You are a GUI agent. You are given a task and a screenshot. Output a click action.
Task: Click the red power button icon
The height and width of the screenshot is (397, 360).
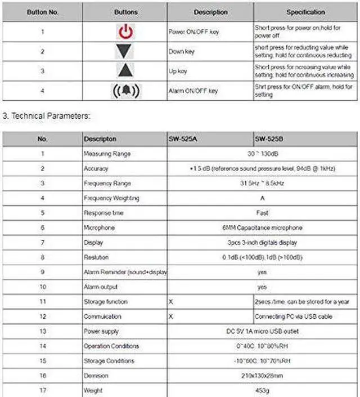(125, 32)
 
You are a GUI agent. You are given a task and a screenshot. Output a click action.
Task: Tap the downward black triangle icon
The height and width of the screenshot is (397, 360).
(125, 52)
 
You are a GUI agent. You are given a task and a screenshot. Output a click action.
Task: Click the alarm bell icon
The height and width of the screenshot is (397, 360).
(125, 91)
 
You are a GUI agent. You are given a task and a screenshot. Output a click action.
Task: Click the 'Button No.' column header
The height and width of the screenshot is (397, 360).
(42, 12)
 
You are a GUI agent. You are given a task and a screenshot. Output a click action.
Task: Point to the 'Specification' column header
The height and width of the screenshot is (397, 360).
(305, 12)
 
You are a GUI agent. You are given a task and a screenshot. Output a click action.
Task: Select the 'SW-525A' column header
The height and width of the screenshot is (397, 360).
(182, 139)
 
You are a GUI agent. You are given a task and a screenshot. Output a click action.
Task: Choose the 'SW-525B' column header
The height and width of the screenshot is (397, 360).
(268, 139)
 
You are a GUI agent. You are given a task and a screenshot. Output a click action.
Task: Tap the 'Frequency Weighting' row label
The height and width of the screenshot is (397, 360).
(111, 198)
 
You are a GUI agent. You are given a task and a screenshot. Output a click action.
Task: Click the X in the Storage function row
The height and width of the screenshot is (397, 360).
(170, 302)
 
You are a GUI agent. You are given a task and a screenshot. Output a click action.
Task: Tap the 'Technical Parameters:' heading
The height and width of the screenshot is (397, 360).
(47, 116)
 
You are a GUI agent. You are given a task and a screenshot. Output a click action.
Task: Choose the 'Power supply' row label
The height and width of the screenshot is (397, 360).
(101, 331)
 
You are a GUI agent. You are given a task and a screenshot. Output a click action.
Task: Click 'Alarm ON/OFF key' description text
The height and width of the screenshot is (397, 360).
(193, 91)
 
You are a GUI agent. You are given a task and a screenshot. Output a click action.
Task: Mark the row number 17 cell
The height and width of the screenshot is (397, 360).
(42, 390)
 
